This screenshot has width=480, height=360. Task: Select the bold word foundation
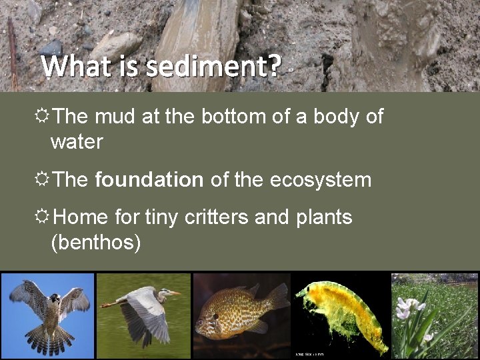pos(149,179)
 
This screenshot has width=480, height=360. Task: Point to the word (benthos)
pos(96,243)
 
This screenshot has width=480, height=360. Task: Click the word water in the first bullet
pos(77,141)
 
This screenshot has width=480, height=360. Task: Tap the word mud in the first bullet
pos(116,117)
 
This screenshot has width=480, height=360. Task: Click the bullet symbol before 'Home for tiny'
pos(43,217)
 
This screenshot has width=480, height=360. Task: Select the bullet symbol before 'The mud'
pos(43,117)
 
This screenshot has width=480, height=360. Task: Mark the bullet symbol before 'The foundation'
pos(43,179)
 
